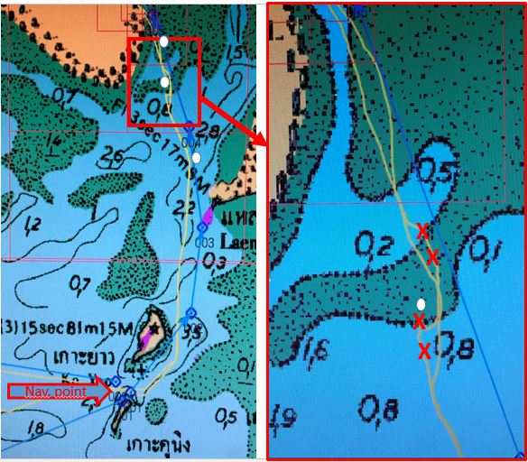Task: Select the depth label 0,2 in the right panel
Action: (371, 243)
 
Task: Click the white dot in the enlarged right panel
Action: (421, 303)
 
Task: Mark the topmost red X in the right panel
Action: (421, 231)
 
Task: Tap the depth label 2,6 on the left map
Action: (114, 159)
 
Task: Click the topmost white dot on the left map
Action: (163, 42)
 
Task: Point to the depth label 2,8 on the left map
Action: (208, 133)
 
